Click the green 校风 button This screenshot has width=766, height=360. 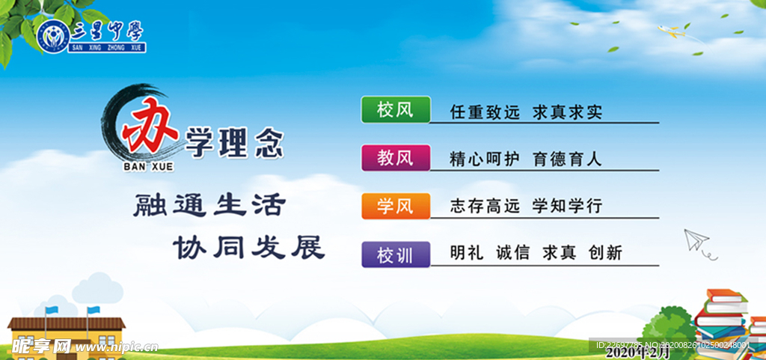[x=396, y=109]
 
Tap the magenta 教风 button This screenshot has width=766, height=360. [x=396, y=158]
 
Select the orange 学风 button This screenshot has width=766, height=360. [x=396, y=206]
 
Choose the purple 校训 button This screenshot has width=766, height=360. [x=396, y=254]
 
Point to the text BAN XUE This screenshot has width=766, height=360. [x=149, y=167]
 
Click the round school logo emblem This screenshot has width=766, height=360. [x=52, y=36]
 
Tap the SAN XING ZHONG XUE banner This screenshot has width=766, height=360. [x=107, y=48]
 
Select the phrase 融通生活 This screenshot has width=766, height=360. [x=209, y=205]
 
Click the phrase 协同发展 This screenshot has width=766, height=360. [x=249, y=248]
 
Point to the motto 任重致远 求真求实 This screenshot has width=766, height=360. [x=526, y=113]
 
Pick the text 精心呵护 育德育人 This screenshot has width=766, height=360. [x=526, y=159]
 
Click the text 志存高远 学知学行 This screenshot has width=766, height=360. [x=526, y=206]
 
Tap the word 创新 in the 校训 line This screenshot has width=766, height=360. [x=606, y=253]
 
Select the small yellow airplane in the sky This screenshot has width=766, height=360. [x=671, y=31]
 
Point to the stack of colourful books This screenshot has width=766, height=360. [x=727, y=324]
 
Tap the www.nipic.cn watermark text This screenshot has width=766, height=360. [x=116, y=347]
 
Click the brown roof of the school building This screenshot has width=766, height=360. [x=67, y=323]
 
